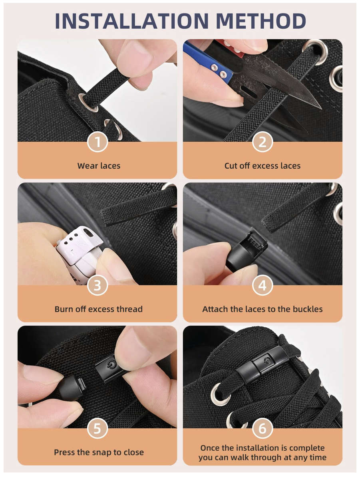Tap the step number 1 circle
tap(97, 142)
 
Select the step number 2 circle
tap(263, 142)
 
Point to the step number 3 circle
tap(97, 285)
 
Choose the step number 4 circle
tap(263, 285)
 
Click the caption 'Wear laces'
tap(99, 166)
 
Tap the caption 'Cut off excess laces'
tap(263, 166)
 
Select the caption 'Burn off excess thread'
tap(99, 309)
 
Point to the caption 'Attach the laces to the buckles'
tap(263, 309)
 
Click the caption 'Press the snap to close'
tap(99, 452)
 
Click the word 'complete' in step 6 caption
tap(307, 448)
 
